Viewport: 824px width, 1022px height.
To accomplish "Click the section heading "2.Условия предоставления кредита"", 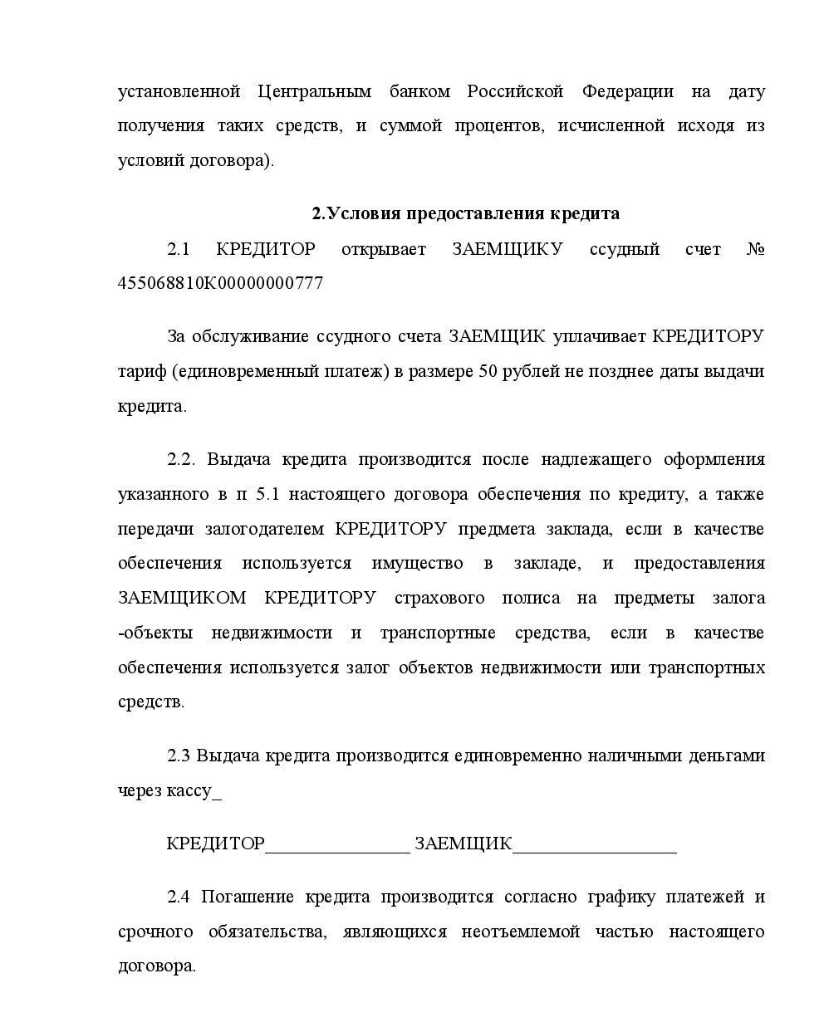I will coord(465,213).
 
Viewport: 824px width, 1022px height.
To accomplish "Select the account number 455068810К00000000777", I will coord(220,283).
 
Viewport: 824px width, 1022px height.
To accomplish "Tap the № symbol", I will coord(755,249).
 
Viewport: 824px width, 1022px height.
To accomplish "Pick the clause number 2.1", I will coord(179,249).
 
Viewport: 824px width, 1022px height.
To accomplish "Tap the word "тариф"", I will coord(142,371).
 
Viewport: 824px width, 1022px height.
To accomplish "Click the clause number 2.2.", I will coord(182,459).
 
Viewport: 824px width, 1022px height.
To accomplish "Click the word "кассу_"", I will coord(195,790).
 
